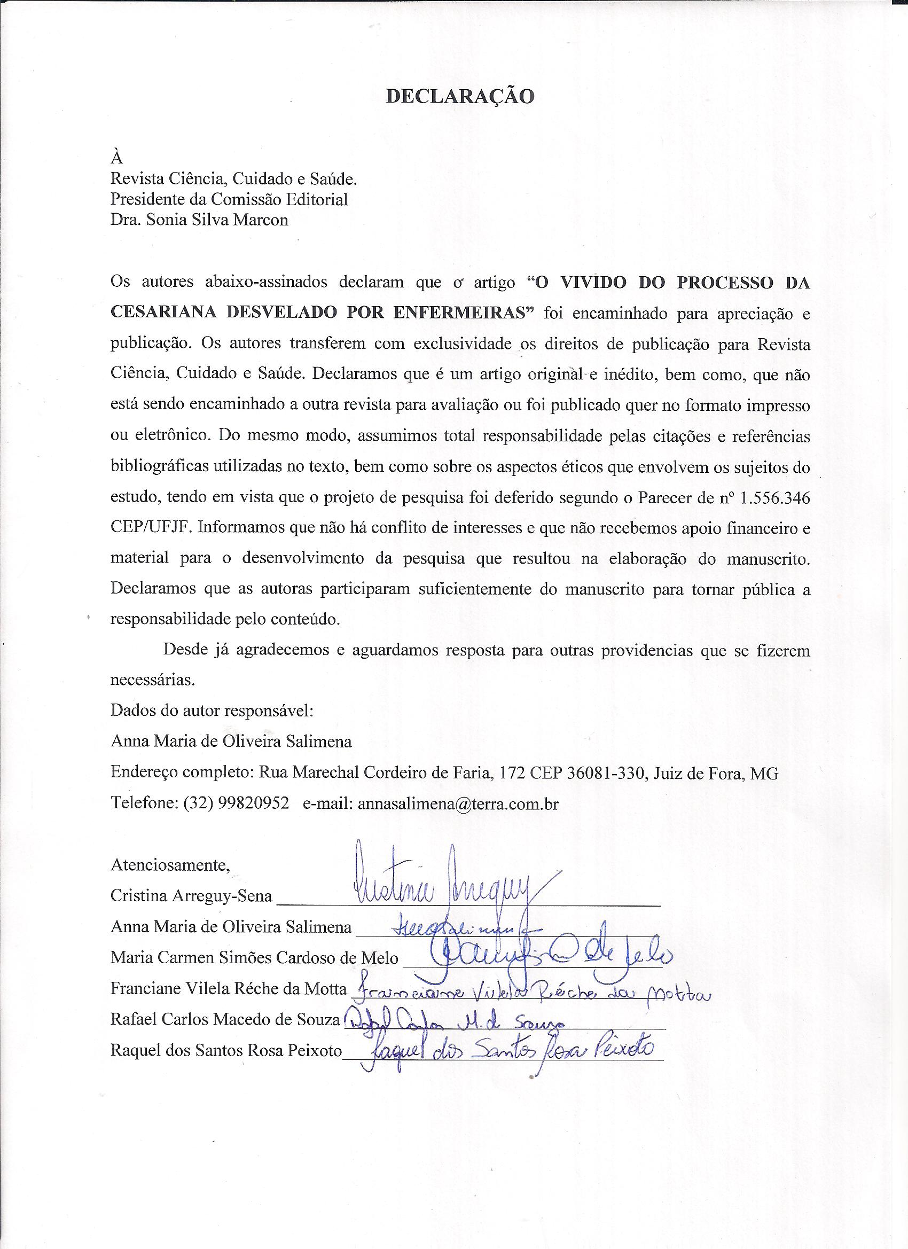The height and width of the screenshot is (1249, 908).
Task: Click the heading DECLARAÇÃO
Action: [x=460, y=96]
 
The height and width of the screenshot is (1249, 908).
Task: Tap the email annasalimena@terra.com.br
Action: [x=458, y=804]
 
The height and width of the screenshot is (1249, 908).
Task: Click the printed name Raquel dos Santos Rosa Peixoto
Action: [x=226, y=1050]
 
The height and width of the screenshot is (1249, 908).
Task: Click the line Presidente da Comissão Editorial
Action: [x=229, y=199]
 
